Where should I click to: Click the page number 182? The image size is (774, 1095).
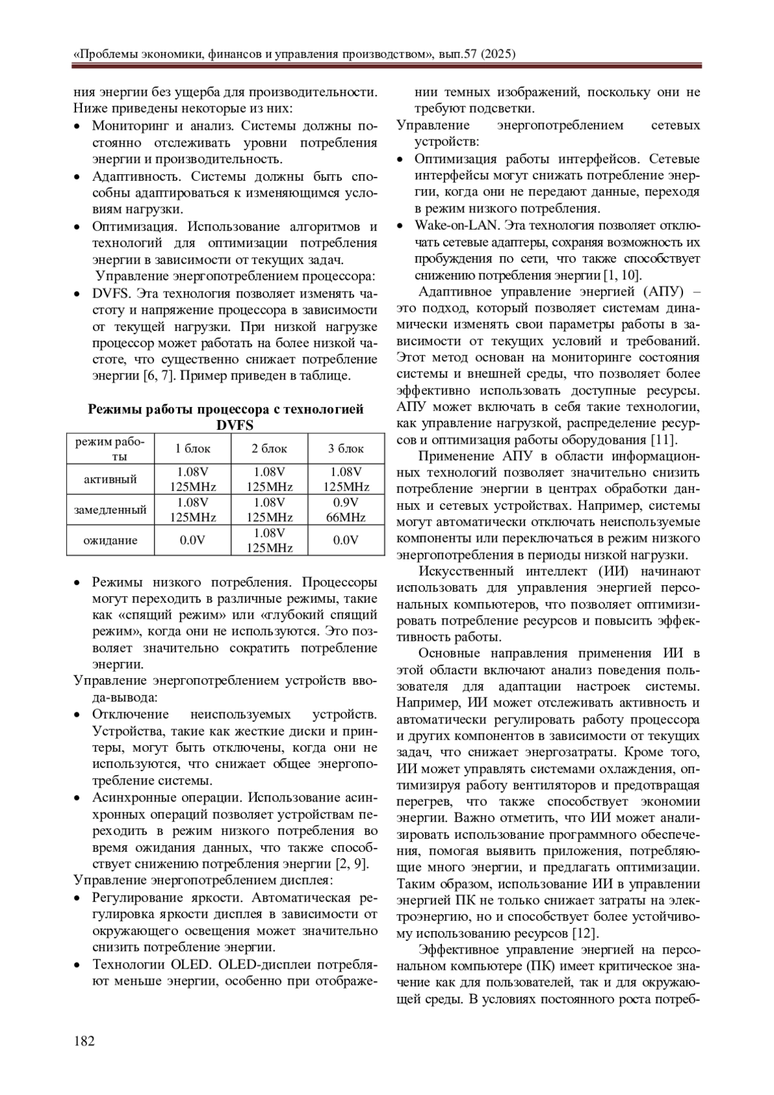pyautogui.click(x=84, y=1041)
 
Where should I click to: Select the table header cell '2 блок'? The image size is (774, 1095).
pyautogui.click(x=269, y=448)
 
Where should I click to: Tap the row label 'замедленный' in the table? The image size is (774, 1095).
pyautogui.click(x=110, y=510)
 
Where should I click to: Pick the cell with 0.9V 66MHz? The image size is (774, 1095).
pyautogui.click(x=346, y=510)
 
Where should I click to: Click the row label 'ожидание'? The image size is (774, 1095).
pyautogui.click(x=110, y=540)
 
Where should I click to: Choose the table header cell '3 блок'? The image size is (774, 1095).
pyautogui.click(x=346, y=448)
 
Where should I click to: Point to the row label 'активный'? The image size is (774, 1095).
pyautogui.click(x=110, y=479)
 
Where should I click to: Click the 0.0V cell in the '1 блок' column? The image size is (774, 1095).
pyautogui.click(x=192, y=540)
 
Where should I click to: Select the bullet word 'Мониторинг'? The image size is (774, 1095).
pyautogui.click(x=129, y=125)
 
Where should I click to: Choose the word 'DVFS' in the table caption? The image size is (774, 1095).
pyautogui.click(x=235, y=425)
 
